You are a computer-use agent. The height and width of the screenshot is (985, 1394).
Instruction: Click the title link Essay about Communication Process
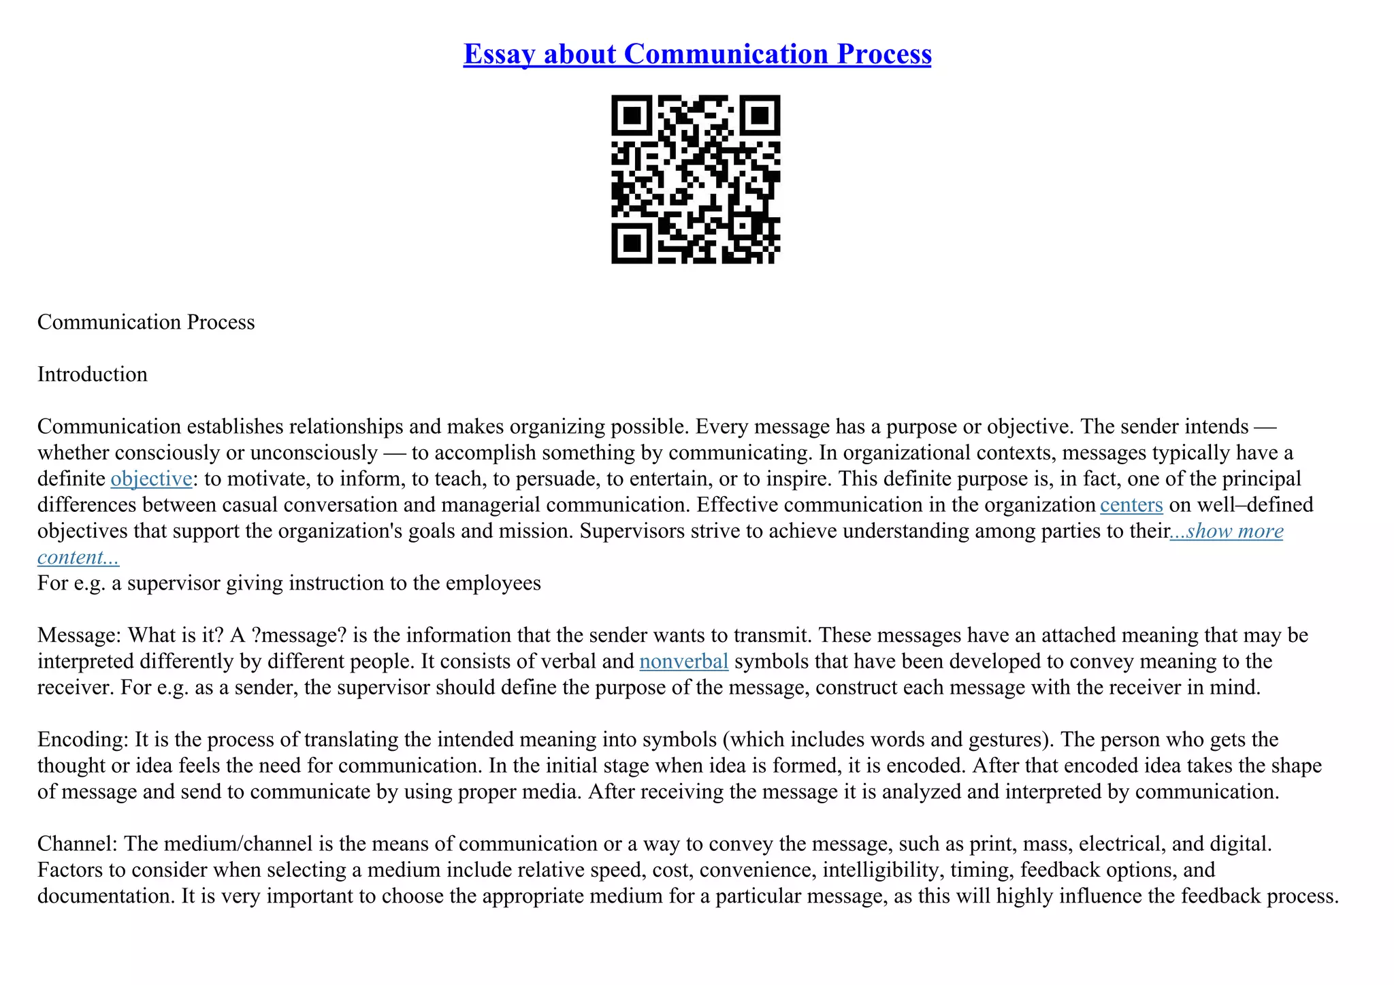697,54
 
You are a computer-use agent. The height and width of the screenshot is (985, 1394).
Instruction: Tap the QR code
696,179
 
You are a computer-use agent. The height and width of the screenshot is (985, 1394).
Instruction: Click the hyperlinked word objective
151,479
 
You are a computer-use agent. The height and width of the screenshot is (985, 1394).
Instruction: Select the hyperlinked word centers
1131,504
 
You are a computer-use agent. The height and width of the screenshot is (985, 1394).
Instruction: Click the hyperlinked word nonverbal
684,661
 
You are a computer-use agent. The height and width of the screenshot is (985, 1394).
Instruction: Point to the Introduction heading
93,374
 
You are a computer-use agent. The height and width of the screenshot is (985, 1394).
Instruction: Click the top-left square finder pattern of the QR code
632,115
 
